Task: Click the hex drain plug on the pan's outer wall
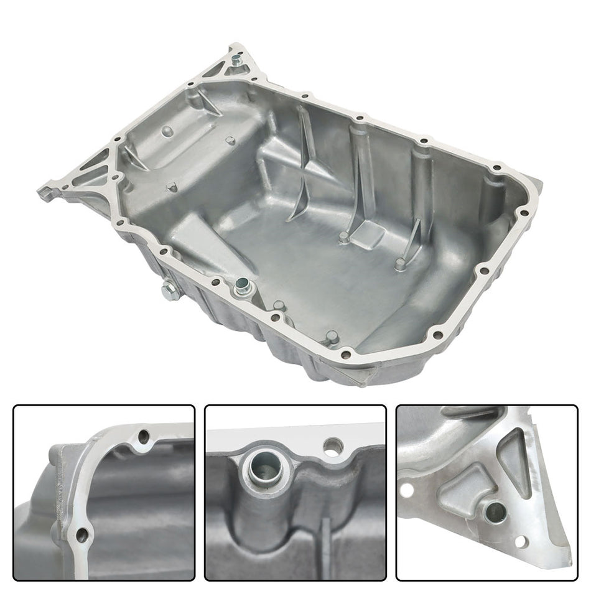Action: tap(168, 291)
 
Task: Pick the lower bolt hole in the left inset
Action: tap(80, 534)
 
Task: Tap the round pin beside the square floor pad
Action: tap(343, 236)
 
